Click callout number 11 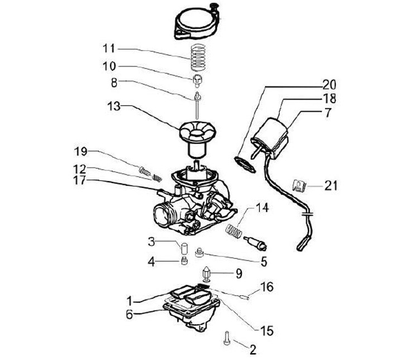click(x=109, y=49)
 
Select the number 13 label click(x=114, y=106)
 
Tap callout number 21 click(x=331, y=186)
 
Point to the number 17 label click(x=79, y=180)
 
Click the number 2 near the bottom click(x=253, y=350)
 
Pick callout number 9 click(x=239, y=274)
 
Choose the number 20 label click(x=329, y=85)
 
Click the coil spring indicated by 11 click(x=198, y=57)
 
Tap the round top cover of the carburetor click(x=198, y=23)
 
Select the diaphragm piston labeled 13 click(x=198, y=140)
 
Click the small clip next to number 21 click(x=299, y=186)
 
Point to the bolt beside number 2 click(x=227, y=338)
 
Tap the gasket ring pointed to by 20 click(x=245, y=164)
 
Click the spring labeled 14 click(x=234, y=230)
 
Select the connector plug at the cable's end click(x=303, y=244)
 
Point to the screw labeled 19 click(x=144, y=171)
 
